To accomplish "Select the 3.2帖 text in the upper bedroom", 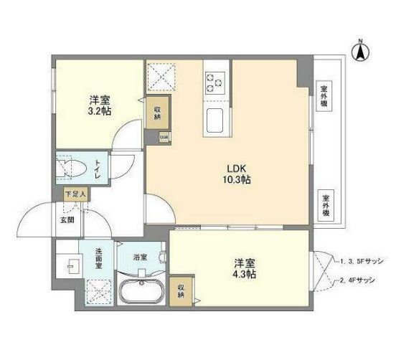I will pyautogui.click(x=100, y=113).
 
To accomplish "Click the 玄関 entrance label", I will pyautogui.click(x=67, y=219).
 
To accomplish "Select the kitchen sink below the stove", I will pyautogui.click(x=214, y=121).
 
